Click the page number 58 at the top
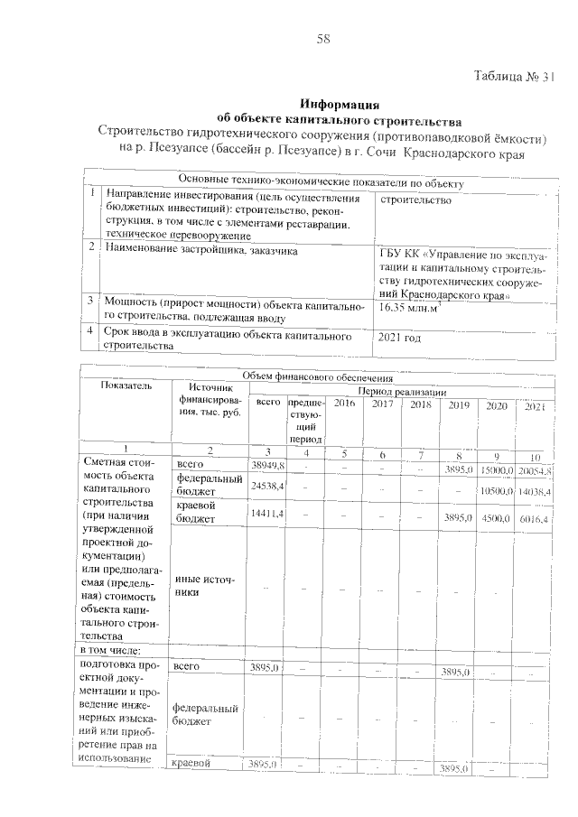[x=324, y=38]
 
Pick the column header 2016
[x=343, y=405]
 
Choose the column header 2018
[x=420, y=405]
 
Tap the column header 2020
[x=497, y=405]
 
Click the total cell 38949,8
[x=266, y=465]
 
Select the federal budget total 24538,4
[x=266, y=486]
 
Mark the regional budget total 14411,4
[x=266, y=514]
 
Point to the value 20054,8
[x=536, y=469]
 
